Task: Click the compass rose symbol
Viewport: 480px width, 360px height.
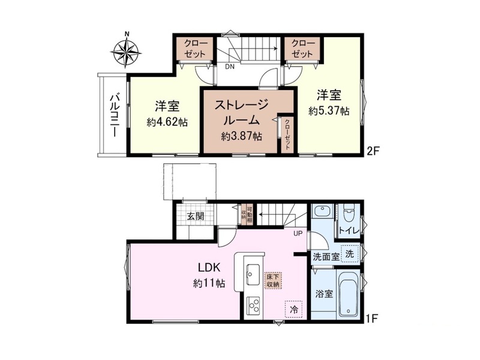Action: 126,50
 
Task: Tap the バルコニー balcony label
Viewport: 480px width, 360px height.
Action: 115,115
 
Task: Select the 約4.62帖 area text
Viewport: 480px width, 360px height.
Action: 167,122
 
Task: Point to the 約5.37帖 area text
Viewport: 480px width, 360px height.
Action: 329,111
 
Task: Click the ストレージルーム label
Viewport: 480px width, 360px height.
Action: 242,112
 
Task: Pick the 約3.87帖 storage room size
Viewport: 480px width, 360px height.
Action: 242,136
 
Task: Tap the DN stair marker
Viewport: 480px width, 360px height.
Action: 230,67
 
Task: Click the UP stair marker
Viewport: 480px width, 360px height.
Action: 298,233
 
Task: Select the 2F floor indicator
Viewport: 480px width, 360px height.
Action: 373,151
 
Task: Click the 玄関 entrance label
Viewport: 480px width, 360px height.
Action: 196,217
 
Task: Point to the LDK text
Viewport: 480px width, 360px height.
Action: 209,267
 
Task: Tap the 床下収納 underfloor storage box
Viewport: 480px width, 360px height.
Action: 273,280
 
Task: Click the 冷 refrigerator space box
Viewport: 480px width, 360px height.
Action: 294,309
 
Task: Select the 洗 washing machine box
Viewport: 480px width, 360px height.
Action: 350,253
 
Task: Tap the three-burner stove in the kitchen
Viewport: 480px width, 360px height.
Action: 253,305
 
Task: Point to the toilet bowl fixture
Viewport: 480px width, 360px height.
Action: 349,214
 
